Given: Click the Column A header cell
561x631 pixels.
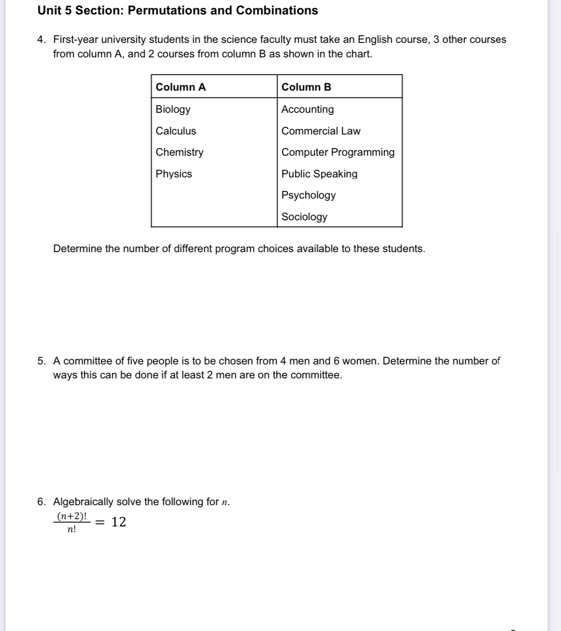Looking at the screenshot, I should point(181,87).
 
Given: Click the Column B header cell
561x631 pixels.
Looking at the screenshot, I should point(307,87).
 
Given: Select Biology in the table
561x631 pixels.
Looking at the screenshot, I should point(173,109).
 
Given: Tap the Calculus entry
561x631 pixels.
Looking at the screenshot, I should point(176,131).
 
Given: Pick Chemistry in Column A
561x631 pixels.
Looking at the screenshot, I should point(179,152).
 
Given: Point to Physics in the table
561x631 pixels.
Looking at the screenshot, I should point(174,174).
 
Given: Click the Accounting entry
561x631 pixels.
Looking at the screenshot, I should point(307,109).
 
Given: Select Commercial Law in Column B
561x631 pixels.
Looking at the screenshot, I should point(321,131).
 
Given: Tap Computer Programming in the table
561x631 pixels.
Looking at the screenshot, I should point(338,152).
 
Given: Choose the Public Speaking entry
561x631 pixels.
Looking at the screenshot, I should point(320,174).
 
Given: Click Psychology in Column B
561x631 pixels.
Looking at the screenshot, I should point(308,195).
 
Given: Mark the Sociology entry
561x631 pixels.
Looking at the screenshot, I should point(304,217).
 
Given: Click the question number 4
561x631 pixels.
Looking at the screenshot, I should point(41,40).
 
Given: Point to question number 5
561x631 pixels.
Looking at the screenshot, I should point(41,361).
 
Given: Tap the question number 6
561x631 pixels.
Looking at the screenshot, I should point(41,502).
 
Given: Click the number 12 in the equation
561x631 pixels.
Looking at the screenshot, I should point(119,522).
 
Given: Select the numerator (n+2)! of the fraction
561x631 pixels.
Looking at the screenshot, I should point(72,516).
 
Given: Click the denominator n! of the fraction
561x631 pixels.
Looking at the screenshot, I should point(71,529).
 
